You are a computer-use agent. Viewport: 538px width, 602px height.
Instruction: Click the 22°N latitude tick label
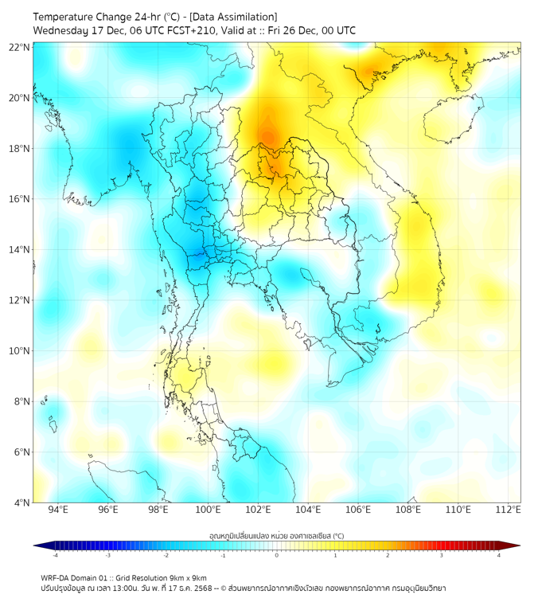[x=20, y=47]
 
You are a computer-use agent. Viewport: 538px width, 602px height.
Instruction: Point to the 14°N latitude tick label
[x=20, y=249]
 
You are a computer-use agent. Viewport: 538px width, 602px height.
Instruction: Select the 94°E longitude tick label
[x=58, y=510]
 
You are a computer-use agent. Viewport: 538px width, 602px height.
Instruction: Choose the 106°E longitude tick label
[x=358, y=510]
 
